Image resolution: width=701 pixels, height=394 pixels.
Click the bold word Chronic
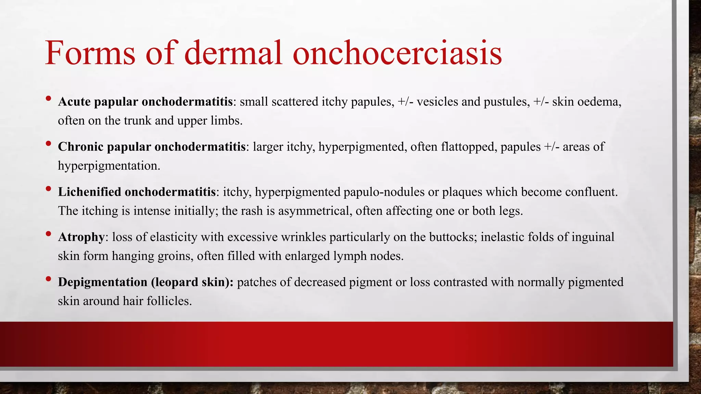tap(80, 147)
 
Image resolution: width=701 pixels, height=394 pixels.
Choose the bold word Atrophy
tap(81, 237)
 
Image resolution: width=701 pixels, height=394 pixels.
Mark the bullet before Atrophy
tap(48, 234)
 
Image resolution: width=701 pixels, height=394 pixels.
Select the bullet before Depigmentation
tap(48, 279)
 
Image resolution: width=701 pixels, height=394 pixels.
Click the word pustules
tap(506, 102)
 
